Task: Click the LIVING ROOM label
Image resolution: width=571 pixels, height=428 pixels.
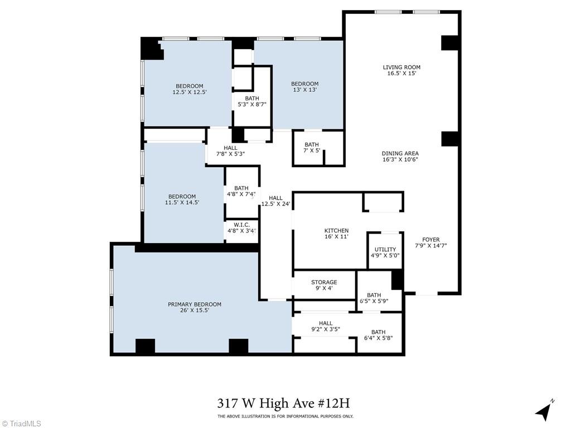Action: tap(401, 67)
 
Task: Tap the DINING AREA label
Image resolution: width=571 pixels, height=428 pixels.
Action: tap(400, 153)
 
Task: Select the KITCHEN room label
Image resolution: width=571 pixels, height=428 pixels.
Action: tap(336, 231)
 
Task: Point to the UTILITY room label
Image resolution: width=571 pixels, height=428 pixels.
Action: tap(385, 250)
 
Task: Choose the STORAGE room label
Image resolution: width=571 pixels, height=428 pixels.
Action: tap(323, 282)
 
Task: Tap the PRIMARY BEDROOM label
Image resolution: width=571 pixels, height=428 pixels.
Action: tap(195, 304)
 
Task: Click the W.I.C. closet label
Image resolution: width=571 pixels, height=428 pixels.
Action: tap(241, 225)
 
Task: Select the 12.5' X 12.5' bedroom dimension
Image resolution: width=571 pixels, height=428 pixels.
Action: tap(190, 92)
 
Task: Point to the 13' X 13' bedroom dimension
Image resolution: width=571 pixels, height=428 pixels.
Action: tap(304, 90)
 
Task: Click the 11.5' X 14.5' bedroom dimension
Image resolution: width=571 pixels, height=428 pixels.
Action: tap(182, 202)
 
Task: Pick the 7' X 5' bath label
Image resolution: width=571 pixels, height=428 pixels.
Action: tap(312, 148)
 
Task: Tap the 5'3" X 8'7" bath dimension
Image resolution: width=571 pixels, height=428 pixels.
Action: tap(251, 104)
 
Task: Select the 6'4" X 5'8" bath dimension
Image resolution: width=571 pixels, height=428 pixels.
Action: tap(378, 338)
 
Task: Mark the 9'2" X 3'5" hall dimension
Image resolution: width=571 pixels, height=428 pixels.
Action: tap(325, 329)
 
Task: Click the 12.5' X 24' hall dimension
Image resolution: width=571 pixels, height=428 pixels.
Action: tap(275, 203)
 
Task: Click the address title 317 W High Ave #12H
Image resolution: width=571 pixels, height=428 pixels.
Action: tap(284, 403)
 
